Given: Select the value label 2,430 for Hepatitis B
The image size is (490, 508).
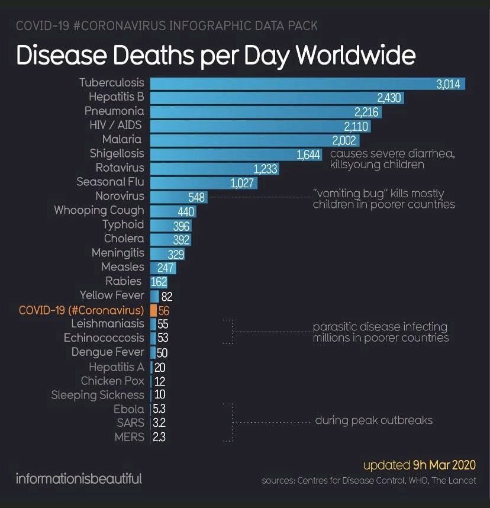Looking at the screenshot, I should [x=389, y=97].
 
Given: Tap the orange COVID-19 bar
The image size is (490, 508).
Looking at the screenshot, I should [x=153, y=310].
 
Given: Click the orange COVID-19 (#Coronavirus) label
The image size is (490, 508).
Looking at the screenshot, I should [x=81, y=310].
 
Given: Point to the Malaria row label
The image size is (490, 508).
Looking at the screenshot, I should [x=121, y=139].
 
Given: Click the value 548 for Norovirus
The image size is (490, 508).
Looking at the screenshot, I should [x=196, y=197].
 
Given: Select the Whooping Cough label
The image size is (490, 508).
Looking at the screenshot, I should [x=99, y=210].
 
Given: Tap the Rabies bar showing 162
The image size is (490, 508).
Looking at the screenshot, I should [x=159, y=282].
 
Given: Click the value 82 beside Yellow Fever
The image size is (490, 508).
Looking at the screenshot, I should [x=166, y=296].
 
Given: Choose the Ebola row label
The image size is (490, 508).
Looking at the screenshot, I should [x=128, y=409].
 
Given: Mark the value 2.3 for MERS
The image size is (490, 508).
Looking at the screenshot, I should [x=159, y=438].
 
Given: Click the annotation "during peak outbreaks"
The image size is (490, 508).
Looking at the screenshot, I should [x=373, y=420].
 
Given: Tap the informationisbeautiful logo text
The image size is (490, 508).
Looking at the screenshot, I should [x=79, y=478].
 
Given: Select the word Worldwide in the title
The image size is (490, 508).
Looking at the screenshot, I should [x=356, y=55].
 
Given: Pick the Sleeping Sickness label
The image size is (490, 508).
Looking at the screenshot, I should [x=98, y=395].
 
